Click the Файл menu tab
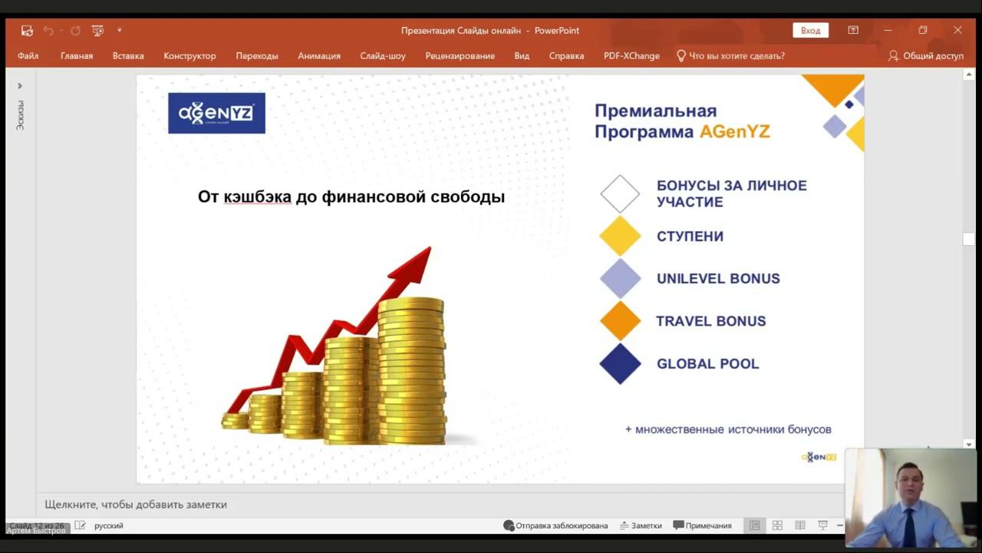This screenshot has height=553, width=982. (x=28, y=56)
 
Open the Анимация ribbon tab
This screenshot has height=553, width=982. (x=319, y=56)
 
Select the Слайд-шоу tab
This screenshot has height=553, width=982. (x=383, y=56)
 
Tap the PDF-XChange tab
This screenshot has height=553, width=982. (x=631, y=56)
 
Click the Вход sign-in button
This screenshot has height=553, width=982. (x=810, y=31)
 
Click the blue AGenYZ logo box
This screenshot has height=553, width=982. (x=216, y=114)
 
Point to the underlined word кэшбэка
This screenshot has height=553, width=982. (x=257, y=197)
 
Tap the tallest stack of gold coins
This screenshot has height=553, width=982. (x=411, y=369)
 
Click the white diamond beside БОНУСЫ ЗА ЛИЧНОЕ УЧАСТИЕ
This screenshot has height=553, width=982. (x=620, y=194)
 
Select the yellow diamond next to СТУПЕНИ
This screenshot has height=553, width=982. (x=620, y=236)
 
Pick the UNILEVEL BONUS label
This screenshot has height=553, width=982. (x=718, y=279)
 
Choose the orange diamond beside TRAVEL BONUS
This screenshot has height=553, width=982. (x=620, y=321)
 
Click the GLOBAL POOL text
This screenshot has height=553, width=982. (x=707, y=364)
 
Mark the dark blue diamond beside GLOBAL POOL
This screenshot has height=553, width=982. (x=620, y=364)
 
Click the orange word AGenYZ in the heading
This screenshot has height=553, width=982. (x=734, y=132)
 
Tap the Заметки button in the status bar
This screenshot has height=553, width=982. (x=641, y=526)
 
